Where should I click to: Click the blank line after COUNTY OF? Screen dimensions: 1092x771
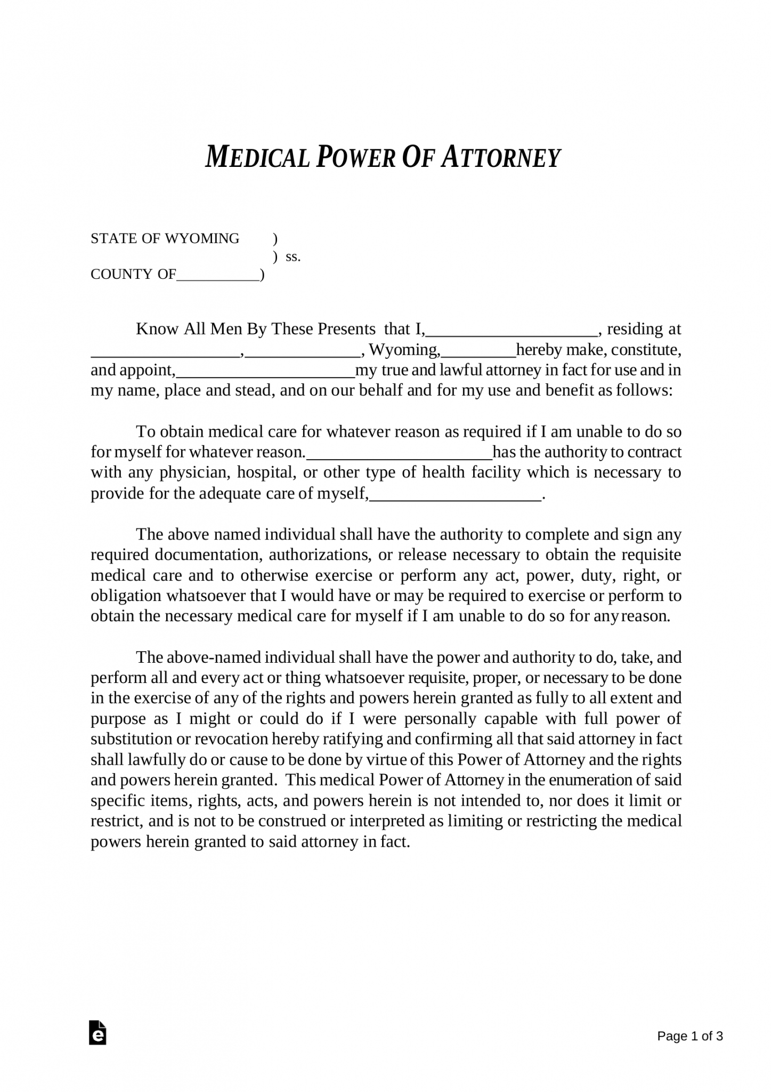click(217, 276)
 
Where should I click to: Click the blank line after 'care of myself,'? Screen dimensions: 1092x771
click(455, 495)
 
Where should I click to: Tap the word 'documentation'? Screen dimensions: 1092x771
click(207, 555)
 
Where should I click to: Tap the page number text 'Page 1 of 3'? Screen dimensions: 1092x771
click(690, 1036)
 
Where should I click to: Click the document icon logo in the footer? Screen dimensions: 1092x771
click(98, 1033)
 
